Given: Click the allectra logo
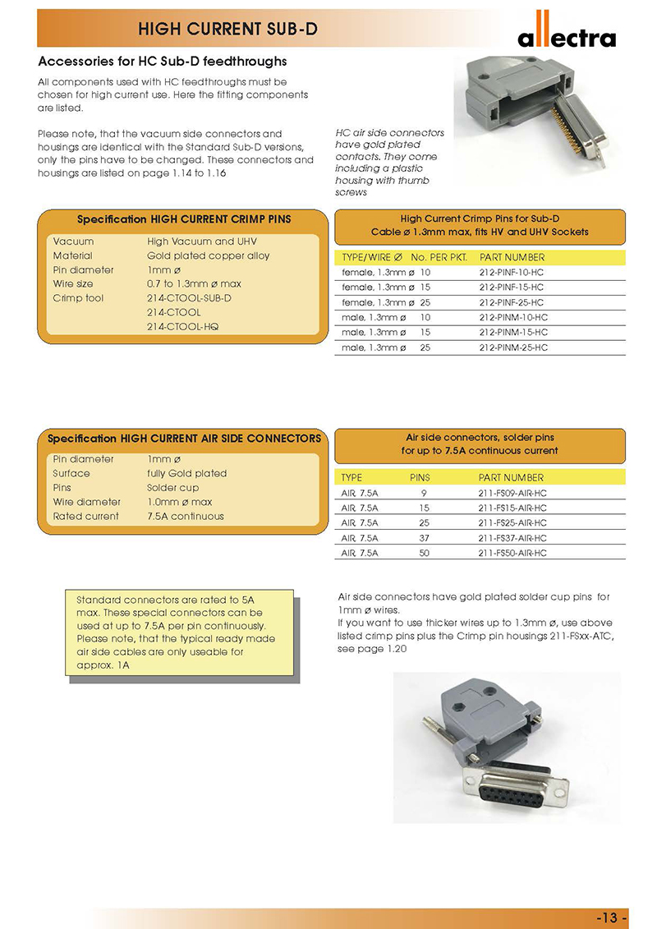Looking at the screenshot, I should click(566, 33).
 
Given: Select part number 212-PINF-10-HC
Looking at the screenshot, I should click(512, 272).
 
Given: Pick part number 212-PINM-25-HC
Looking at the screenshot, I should click(512, 347).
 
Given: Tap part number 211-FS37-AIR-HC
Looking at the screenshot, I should click(512, 538).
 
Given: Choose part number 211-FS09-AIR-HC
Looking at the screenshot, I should click(512, 493).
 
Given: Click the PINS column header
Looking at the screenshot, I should click(419, 477).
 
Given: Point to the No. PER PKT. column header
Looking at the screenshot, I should click(439, 257).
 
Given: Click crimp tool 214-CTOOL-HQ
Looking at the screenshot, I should click(189, 327).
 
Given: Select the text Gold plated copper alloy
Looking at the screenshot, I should click(208, 255).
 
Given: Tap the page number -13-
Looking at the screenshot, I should click(612, 918).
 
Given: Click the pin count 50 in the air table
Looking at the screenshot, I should click(424, 554).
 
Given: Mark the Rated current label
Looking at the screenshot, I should click(85, 517).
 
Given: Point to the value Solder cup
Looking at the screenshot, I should click(172, 488).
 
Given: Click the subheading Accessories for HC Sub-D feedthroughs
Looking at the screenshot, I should click(163, 62).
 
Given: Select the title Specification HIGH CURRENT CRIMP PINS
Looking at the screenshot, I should click(184, 219).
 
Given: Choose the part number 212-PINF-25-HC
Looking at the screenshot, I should click(512, 302).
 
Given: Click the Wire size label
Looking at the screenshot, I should click(73, 284).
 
